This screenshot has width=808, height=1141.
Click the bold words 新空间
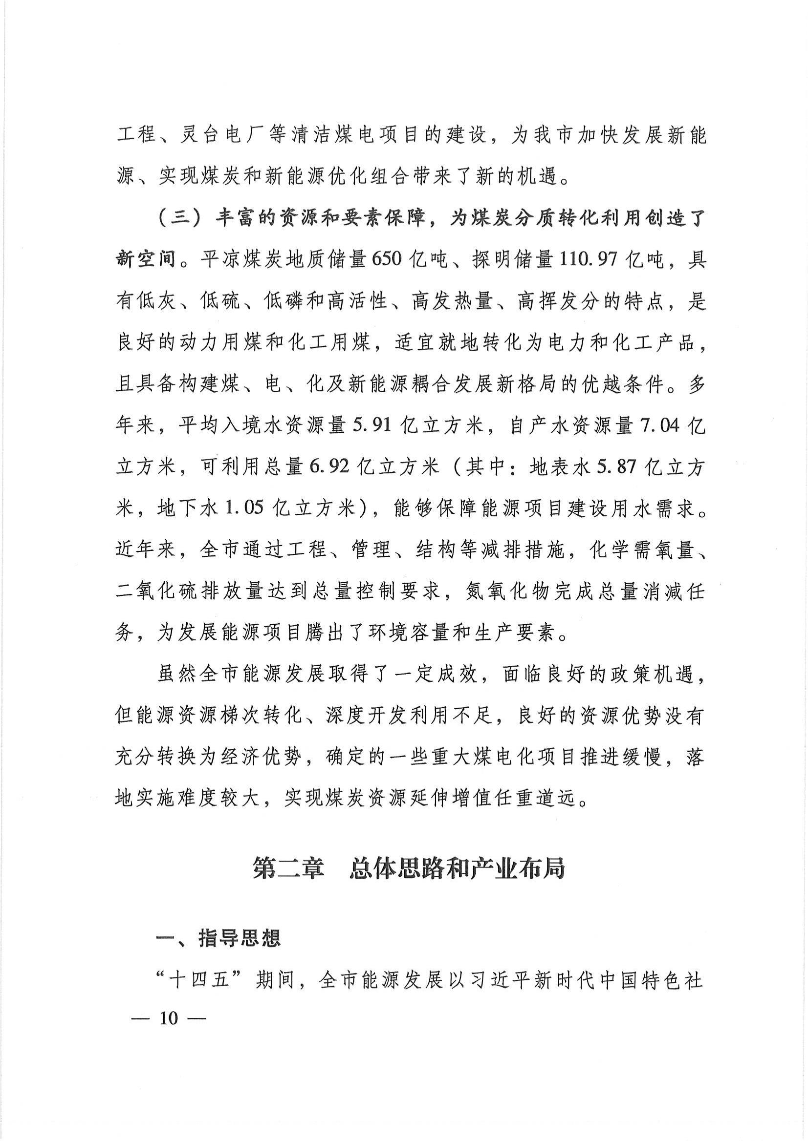[x=146, y=259]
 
